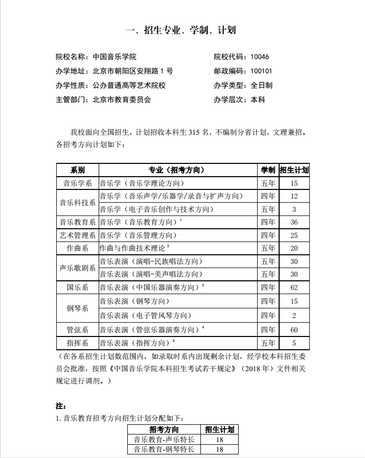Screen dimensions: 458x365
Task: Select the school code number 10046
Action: [259, 57]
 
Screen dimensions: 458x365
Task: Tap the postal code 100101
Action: [261, 71]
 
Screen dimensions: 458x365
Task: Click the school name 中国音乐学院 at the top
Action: [115, 57]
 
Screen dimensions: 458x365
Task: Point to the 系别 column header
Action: [77, 170]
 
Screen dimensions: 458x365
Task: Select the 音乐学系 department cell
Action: [77, 183]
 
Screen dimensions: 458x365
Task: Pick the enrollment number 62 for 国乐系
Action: [294, 287]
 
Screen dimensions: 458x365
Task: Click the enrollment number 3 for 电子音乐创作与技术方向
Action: [294, 209]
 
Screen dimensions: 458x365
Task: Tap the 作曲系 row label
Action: [77, 248]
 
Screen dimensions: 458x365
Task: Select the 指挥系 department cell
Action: [77, 343]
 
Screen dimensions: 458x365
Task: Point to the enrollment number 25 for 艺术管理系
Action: [294, 235]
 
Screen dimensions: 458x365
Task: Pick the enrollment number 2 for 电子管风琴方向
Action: [294, 316]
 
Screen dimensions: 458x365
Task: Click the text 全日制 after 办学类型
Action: [261, 85]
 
